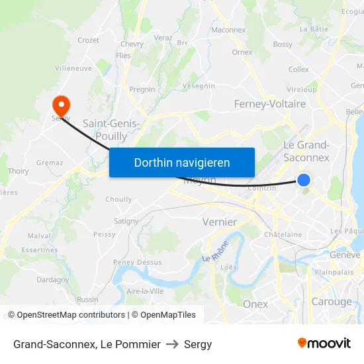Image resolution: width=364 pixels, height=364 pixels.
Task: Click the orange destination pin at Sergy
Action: click(61, 105)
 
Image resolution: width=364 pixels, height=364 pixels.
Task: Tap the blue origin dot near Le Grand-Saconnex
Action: click(304, 180)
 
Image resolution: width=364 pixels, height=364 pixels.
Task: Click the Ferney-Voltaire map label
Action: click(270, 104)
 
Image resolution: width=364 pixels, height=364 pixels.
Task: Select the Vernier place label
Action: click(219, 222)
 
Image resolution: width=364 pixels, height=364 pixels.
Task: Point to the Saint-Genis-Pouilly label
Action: click(111, 129)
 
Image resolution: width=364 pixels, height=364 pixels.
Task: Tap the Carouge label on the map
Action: click(332, 302)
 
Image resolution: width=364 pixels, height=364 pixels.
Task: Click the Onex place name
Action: click(255, 304)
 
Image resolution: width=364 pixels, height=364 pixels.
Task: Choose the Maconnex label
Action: click(228, 30)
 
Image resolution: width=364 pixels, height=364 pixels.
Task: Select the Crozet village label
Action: click(88, 40)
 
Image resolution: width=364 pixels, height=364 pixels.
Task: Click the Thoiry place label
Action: click(18, 171)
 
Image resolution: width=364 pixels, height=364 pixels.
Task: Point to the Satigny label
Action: click(126, 221)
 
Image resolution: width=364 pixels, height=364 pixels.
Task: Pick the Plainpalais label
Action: click(335, 272)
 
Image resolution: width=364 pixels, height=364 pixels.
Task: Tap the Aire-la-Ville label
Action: click(144, 291)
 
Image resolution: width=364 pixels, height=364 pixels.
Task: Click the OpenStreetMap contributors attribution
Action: click(66, 315)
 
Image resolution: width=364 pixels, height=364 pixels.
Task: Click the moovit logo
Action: click(324, 343)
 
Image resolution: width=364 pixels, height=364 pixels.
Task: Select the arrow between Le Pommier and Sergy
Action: click(172, 344)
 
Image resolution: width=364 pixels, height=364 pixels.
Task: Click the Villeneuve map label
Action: click(73, 68)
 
